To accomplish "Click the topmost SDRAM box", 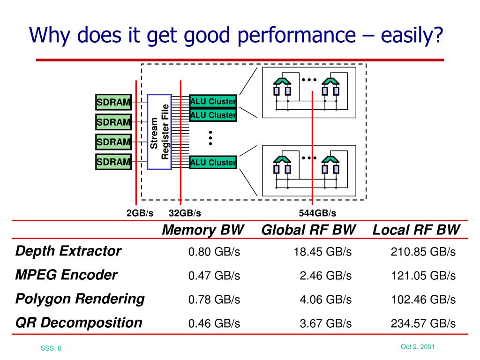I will click(x=113, y=102).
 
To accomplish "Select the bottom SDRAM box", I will click(x=113, y=162).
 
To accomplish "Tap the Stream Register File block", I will click(x=159, y=132).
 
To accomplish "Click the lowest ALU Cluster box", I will click(x=213, y=163).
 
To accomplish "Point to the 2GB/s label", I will click(x=140, y=213).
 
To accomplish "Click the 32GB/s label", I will click(x=185, y=213).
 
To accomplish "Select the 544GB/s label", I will click(x=317, y=213).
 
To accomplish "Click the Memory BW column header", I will click(x=203, y=230).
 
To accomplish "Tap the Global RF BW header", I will click(x=308, y=230).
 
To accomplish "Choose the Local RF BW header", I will click(x=416, y=230).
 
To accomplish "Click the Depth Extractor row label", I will click(x=68, y=251).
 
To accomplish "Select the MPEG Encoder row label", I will click(x=66, y=275).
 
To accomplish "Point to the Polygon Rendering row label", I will click(x=80, y=299).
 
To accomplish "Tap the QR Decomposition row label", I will click(x=79, y=322).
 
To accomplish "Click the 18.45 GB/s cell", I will click(x=322, y=252).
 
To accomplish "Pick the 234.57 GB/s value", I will click(x=423, y=323).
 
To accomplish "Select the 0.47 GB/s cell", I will click(x=214, y=276).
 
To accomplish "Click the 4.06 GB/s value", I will click(x=325, y=300).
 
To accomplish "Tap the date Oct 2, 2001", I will click(x=418, y=347).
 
